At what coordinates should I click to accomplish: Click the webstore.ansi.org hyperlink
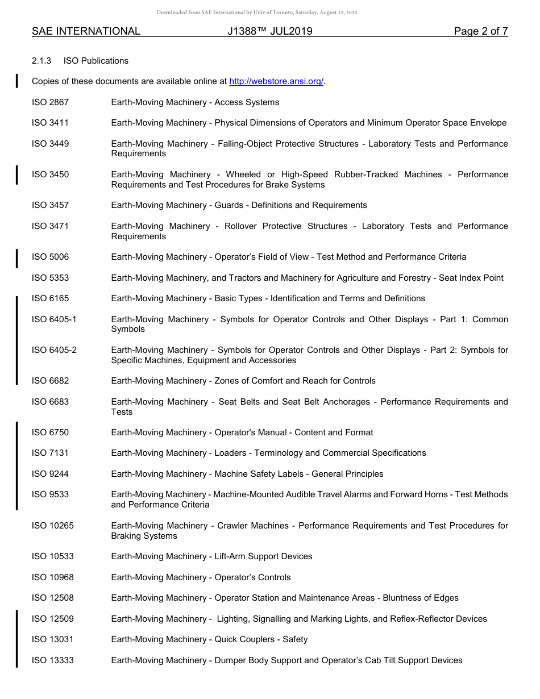tap(276, 81)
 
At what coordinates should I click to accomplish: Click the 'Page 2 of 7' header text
tap(480, 31)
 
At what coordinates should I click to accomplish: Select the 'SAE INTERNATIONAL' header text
tap(86, 31)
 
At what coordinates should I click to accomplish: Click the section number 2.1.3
tap(41, 61)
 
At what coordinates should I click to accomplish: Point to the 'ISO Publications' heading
tap(96, 61)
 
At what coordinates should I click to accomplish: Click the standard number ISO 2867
tap(50, 102)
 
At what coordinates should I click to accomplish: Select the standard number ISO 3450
tap(50, 174)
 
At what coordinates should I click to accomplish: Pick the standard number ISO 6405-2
tap(54, 350)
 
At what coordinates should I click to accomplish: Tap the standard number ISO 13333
tap(52, 660)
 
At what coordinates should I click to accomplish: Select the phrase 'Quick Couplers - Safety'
tap(261, 639)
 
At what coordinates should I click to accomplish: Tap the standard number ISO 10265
tap(52, 526)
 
